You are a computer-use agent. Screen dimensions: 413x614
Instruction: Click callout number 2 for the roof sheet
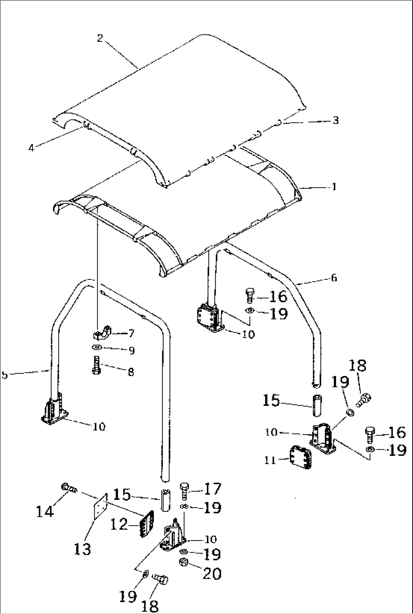coord(100,38)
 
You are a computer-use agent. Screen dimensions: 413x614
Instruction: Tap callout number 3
coord(336,120)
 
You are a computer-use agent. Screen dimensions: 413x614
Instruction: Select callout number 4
coord(31,148)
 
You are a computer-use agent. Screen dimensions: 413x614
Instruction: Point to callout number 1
coord(334,187)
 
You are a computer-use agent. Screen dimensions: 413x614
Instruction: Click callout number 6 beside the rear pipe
coord(334,278)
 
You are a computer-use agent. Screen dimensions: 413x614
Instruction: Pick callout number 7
coord(131,333)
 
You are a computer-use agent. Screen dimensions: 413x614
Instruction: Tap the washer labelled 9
coord(97,347)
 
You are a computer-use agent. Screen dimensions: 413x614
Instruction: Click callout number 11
coord(270,460)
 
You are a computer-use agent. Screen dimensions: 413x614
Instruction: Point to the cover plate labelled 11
coord(300,457)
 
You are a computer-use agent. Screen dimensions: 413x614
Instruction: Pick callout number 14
coord(45,511)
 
